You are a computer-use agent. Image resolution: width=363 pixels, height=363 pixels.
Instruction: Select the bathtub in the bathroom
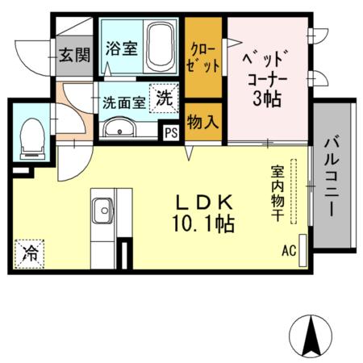[164, 48]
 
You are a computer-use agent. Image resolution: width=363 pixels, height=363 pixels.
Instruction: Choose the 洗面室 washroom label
[123, 102]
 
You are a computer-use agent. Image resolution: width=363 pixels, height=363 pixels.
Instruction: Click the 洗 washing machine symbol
[164, 99]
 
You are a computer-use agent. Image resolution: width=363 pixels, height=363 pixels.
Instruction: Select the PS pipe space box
[171, 134]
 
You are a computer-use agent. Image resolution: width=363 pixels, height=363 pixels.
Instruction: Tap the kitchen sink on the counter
[103, 211]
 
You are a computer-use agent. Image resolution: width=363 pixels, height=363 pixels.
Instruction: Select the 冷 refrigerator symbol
[29, 252]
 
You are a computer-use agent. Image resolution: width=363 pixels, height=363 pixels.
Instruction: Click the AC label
[289, 250]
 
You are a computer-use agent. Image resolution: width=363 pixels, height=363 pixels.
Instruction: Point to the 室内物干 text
[277, 193]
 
